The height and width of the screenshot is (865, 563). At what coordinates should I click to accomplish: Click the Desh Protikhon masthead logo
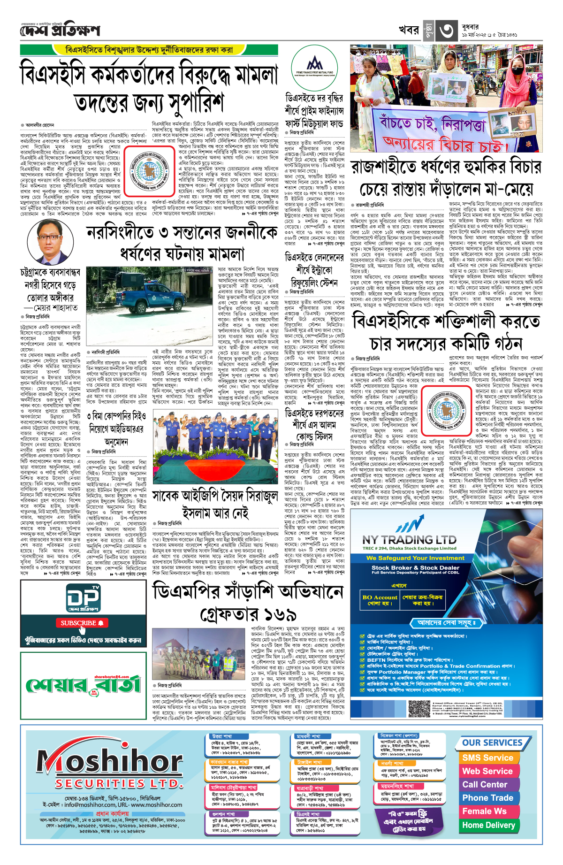[x=60, y=30]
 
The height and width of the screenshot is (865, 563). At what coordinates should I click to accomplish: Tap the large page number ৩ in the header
[x=446, y=31]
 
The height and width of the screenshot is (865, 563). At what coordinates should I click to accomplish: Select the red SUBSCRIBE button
[x=82, y=623]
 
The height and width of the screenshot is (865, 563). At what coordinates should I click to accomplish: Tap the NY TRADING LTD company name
[x=409, y=540]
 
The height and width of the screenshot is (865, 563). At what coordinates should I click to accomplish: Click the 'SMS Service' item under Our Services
[x=487, y=758]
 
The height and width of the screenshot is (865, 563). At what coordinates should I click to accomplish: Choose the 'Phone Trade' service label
[x=487, y=798]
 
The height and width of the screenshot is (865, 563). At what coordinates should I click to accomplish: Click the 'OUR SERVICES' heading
[x=492, y=743]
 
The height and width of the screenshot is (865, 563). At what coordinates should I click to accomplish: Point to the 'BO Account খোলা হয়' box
[x=380, y=600]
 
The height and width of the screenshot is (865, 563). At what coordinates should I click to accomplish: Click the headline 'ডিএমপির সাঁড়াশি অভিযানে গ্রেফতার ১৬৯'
[x=248, y=602]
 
